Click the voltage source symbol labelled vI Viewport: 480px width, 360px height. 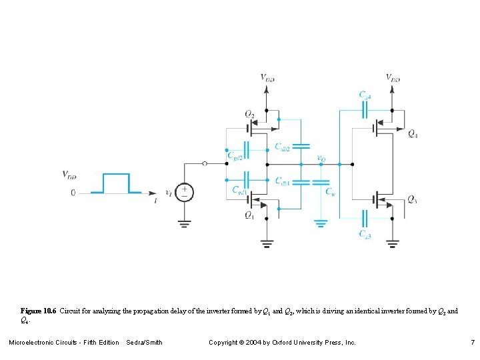[185, 192]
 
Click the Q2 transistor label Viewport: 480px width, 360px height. [249, 114]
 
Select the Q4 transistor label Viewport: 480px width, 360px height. [413, 133]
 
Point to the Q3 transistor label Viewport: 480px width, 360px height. [413, 200]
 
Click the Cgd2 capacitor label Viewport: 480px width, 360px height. [235, 157]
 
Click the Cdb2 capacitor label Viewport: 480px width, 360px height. [282, 147]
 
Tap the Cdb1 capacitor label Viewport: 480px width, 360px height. [282, 181]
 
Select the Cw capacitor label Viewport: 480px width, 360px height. [330, 192]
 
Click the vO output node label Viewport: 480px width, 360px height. [321, 159]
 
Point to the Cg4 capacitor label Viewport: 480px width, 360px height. [365, 95]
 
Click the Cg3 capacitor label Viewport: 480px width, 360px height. [365, 234]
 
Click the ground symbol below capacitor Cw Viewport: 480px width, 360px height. [321, 223]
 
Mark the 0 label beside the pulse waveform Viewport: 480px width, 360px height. [73, 193]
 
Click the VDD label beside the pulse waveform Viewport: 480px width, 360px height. [69, 176]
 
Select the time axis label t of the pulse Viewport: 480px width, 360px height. [155, 199]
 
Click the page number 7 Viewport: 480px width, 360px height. [472, 343]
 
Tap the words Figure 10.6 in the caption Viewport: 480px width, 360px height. [39, 311]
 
